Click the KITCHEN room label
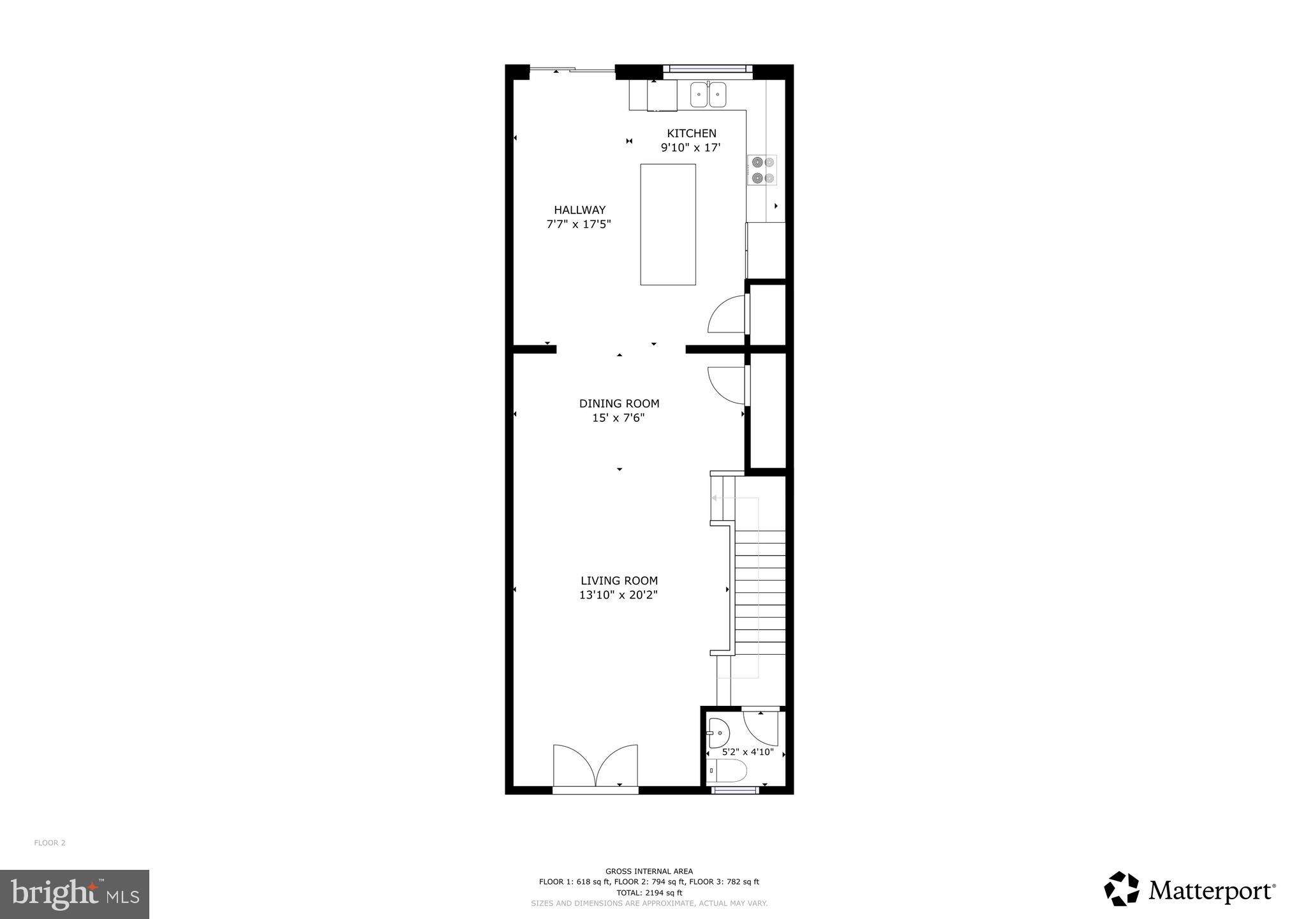click(691, 133)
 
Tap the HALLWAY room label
click(579, 210)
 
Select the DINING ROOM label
click(619, 403)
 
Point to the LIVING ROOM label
click(619, 581)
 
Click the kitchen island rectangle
click(667, 224)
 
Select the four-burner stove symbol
click(762, 170)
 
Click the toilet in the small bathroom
click(727, 771)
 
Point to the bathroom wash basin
click(718, 733)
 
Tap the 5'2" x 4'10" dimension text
click(747, 752)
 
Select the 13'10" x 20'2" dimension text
click(618, 595)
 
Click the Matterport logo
click(1189, 889)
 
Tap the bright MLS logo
click(75, 894)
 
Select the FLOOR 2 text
click(50, 843)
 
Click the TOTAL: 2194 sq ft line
click(649, 893)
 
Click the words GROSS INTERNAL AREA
click(649, 871)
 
